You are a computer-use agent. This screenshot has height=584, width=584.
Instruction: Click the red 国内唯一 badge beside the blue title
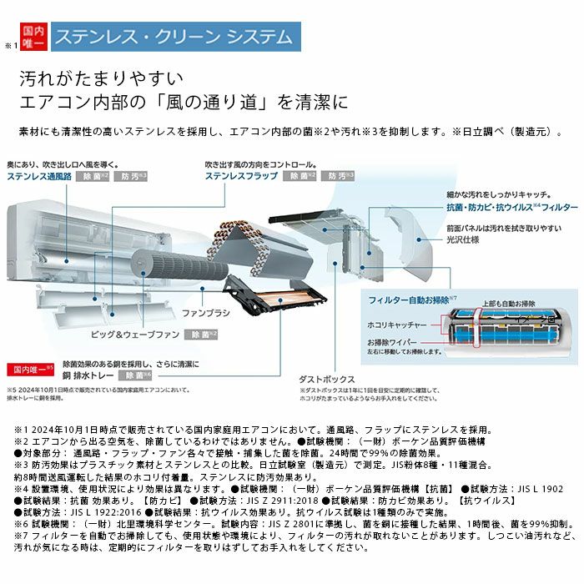point(32,38)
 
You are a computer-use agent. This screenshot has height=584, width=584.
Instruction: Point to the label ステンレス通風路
point(38,176)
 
